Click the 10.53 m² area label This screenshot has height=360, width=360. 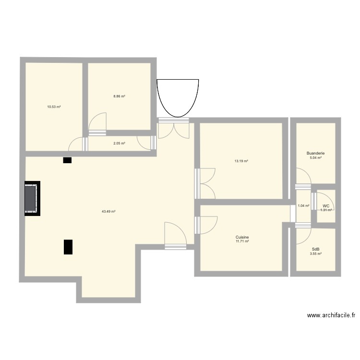pos(54,107)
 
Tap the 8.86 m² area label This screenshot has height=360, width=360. pos(119,96)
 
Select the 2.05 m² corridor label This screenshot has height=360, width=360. pos(119,143)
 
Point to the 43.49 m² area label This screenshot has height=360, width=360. pos(108,211)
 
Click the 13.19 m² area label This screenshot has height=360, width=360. pos(241,161)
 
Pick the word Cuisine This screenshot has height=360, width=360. pos(242,237)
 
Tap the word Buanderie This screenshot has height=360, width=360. pos(315,154)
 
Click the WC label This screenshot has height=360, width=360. pos(326,206)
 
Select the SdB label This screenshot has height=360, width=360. pos(315,249)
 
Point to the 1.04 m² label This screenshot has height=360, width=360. pos(303,206)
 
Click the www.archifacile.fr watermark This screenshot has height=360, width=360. pos(331,315)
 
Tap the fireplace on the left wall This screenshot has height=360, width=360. pos(32,198)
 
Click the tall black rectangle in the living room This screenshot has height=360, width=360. pos(68,247)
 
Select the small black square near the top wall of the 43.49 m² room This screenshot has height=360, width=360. pos(67,160)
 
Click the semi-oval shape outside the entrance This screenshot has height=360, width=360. pos(178,97)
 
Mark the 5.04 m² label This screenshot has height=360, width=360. pos(315,158)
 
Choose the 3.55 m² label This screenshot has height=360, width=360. pos(315,253)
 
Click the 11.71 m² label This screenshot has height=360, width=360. pos(242,241)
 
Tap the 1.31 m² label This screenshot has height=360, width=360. pos(326,210)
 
